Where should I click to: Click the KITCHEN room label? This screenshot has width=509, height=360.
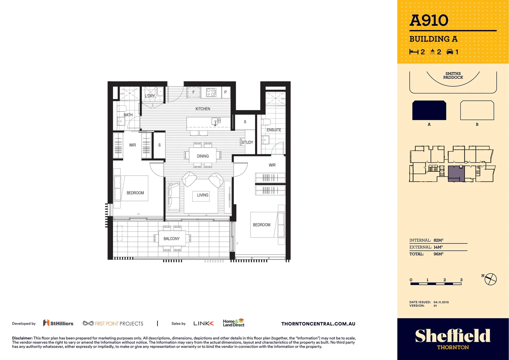pos(203,109)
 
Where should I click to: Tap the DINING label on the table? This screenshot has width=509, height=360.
pos(203,156)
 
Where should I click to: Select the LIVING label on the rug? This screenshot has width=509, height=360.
pos(203,195)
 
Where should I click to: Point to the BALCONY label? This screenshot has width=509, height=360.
pos(172,239)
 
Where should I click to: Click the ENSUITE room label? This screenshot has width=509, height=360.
pos(274,130)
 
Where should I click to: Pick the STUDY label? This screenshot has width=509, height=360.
pos(248,142)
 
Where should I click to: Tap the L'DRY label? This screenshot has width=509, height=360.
pos(150,96)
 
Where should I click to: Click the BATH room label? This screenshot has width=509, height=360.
pos(128,115)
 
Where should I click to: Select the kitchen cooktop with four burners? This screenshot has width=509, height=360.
pos(211,92)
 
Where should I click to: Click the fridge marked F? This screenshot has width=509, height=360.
pos(194,92)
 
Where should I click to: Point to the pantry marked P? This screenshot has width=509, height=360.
pos(226,92)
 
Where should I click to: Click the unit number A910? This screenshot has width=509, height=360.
pos(429,20)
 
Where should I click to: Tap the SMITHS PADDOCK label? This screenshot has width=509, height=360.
pos(453,75)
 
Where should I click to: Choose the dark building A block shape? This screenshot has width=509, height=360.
pos(429,110)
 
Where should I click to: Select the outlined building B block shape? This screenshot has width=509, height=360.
pos(477,110)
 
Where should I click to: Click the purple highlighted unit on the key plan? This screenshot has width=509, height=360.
pos(455,173)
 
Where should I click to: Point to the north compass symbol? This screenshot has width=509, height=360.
pos(490,279)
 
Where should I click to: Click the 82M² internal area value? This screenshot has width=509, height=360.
pos(438,240)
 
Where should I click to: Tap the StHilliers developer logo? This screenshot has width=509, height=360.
pos(58,323)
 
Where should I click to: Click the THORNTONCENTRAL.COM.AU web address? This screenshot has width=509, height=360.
pos(318,324)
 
